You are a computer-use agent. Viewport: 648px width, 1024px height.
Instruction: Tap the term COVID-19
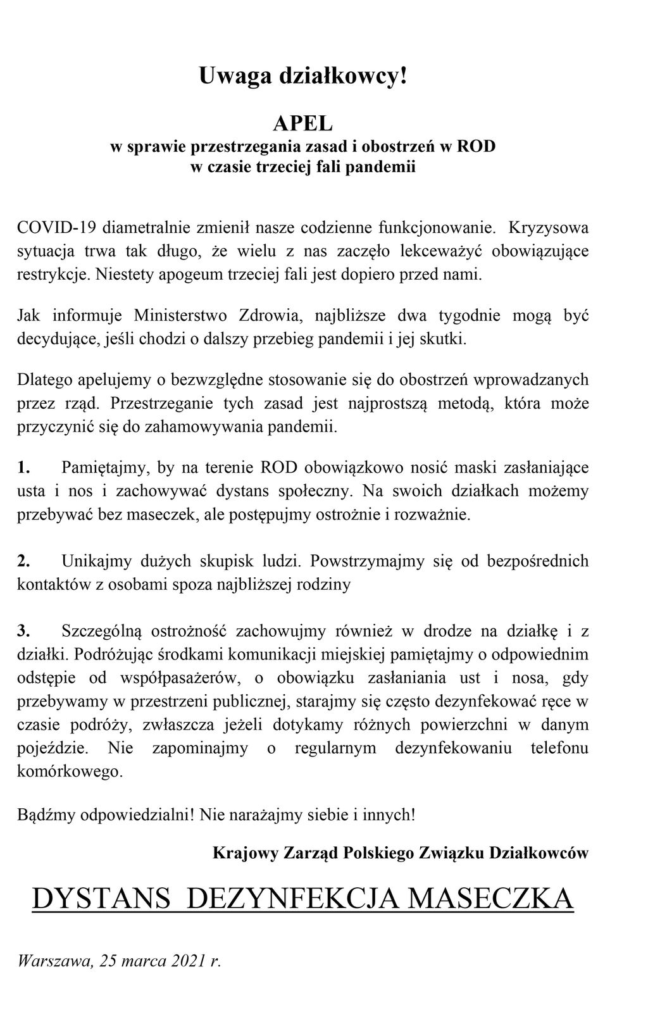pos(56,227)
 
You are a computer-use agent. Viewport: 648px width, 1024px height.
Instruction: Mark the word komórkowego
pos(69,771)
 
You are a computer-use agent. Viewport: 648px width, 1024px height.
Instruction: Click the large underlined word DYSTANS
pos(102,898)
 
